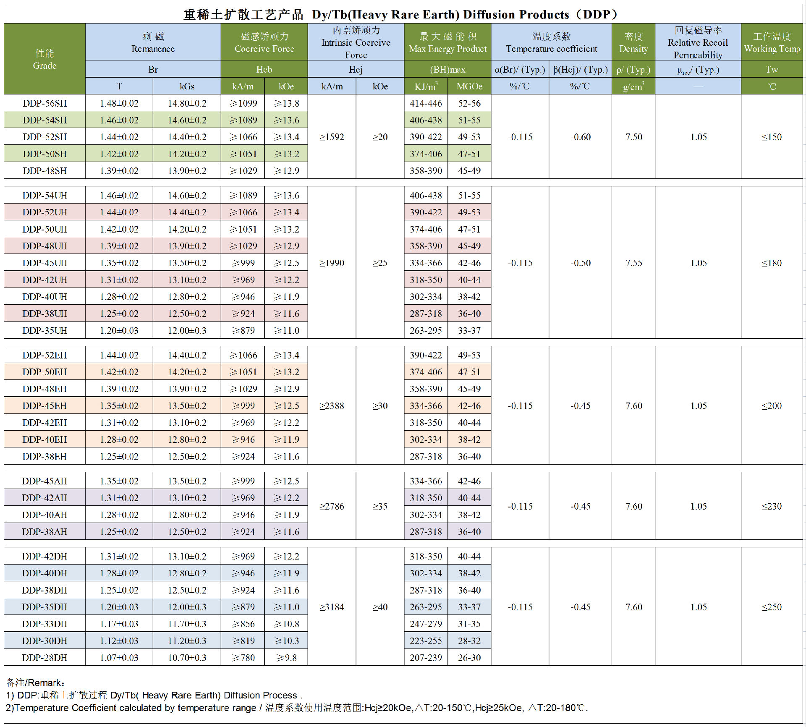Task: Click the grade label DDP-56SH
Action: click(44, 103)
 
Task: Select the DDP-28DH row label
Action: click(44, 658)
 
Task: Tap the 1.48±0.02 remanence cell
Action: click(119, 103)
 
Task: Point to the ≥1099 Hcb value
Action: click(243, 103)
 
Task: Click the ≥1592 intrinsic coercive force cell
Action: click(332, 137)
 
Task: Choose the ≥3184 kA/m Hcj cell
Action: click(332, 607)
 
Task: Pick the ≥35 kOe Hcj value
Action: click(380, 506)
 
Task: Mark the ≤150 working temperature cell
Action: click(772, 137)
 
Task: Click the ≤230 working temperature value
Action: click(772, 506)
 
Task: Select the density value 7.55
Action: click(634, 263)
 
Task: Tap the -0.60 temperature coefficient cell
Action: click(581, 137)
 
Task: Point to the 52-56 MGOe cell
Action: click(469, 103)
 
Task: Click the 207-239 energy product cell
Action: click(426, 658)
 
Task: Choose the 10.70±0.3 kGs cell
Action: click(187, 658)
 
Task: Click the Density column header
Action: click(633, 42)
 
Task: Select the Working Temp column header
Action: click(772, 42)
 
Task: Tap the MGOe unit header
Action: click(469, 86)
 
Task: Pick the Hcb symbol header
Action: click(264, 69)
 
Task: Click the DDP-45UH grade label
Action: click(44, 263)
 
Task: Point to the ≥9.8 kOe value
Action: click(286, 658)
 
